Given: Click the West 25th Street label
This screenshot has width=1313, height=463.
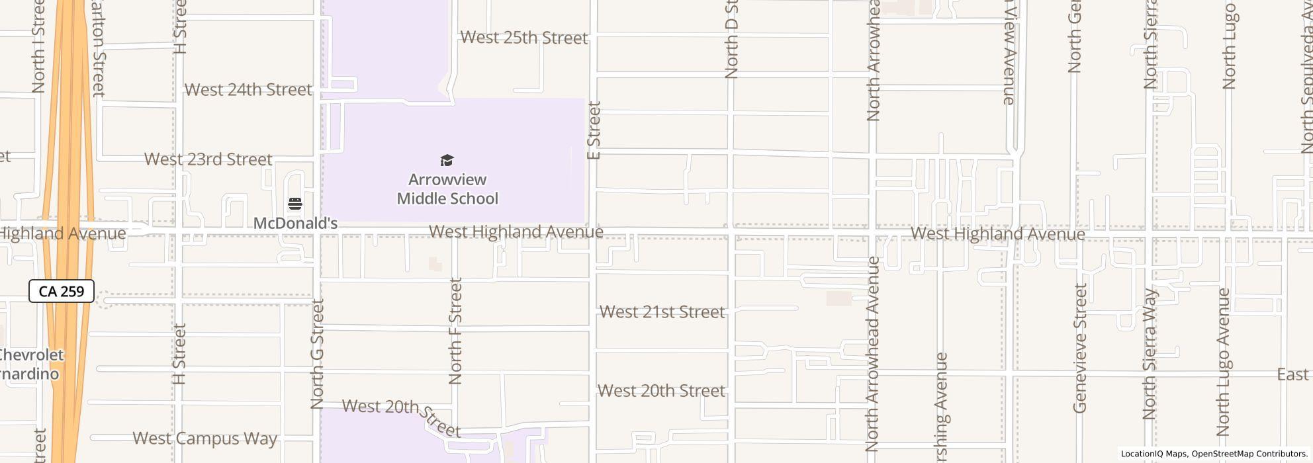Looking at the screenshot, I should click(523, 38).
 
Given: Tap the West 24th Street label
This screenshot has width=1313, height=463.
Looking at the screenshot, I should click(248, 90).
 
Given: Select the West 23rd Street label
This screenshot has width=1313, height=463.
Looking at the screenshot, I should click(208, 159).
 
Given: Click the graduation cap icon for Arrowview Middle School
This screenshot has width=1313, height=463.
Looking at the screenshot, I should click(447, 161).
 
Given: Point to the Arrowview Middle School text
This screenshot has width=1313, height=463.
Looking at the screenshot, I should click(447, 189).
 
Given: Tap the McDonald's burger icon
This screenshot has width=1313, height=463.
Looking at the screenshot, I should click(295, 204).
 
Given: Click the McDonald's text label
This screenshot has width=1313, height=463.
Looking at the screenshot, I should click(295, 224).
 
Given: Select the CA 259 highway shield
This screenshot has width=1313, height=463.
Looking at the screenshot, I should click(62, 291).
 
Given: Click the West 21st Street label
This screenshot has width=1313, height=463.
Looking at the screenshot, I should click(662, 312).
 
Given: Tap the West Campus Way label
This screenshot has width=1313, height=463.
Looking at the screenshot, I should click(204, 439).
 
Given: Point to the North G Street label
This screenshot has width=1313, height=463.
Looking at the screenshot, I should click(318, 354).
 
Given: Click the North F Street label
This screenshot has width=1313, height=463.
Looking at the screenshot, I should click(455, 331).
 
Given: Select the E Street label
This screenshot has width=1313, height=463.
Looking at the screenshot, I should click(594, 130).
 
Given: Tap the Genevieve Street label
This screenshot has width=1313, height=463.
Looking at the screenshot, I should click(1080, 349).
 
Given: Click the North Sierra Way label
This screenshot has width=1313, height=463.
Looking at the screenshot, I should click(1150, 354).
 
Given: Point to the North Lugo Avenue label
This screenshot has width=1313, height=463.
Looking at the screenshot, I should click(1223, 362).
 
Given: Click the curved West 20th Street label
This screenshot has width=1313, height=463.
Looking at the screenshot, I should click(401, 417).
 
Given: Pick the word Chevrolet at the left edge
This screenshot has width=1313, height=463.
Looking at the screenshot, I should click(31, 355).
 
